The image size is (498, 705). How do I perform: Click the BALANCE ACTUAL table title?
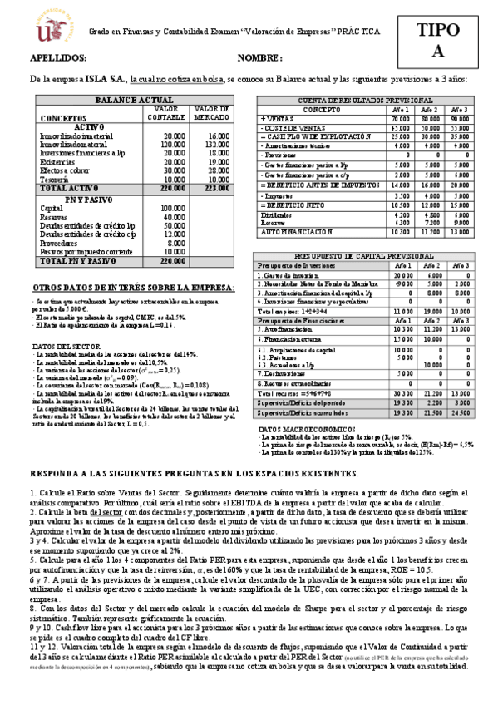pos(134,100)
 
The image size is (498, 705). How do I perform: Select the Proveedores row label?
pos(59,243)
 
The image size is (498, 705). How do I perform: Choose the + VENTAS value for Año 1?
pos(399,119)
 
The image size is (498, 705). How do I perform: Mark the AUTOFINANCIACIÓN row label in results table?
pos(294,232)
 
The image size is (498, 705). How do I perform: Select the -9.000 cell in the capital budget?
pos(402,284)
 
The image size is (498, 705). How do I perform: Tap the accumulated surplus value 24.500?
pos(460,389)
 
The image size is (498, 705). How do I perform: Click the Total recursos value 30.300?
pos(402,369)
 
